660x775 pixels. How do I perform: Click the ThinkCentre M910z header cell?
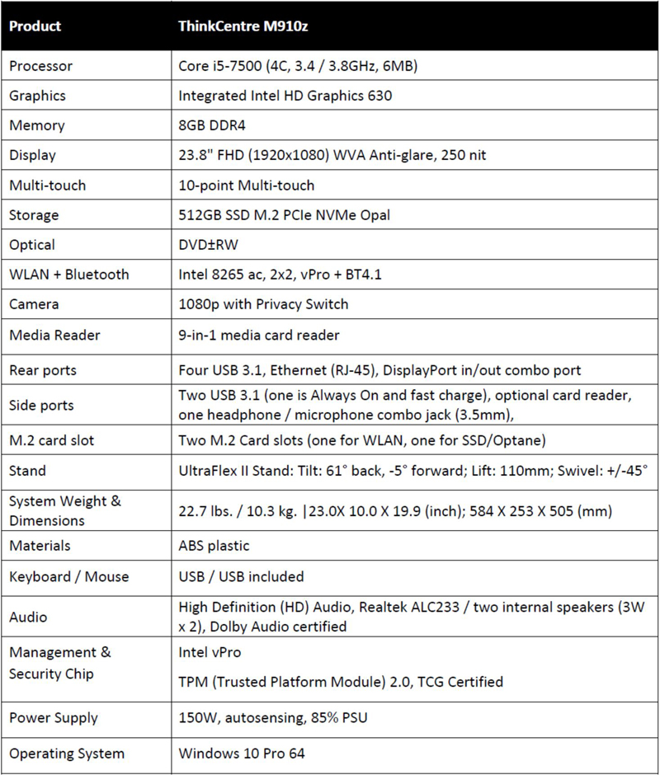point(243,26)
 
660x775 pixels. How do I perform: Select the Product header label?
point(35,26)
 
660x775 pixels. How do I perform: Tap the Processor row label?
point(40,66)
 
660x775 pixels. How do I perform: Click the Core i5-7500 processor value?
point(298,66)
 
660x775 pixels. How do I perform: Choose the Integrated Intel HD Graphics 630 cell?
point(285,96)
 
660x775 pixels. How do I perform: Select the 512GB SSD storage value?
point(284,215)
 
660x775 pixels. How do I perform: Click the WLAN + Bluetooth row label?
point(69,275)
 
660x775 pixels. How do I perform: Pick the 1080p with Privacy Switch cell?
point(263,304)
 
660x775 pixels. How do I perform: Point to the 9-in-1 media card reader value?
point(259,334)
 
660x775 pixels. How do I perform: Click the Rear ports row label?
point(43,369)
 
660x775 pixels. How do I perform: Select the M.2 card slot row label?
point(52,440)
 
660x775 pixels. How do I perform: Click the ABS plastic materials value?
point(214,546)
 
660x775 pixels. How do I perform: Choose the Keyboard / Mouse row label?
point(69,576)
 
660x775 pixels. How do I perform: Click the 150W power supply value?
point(273,718)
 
